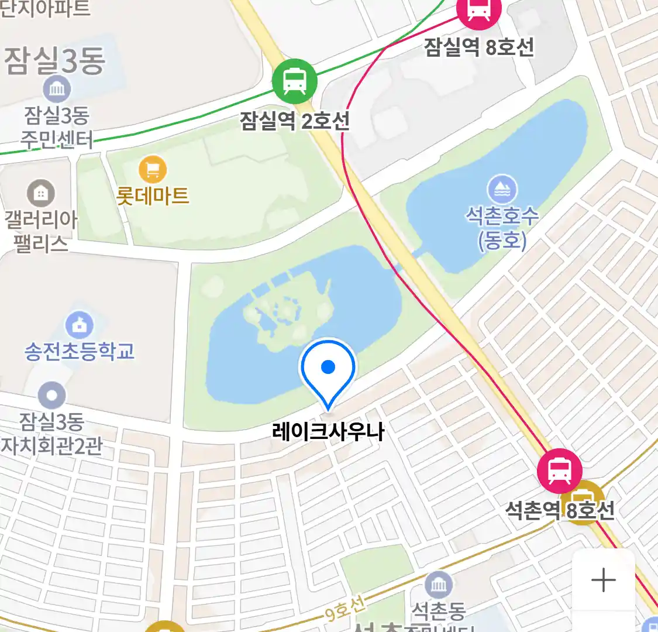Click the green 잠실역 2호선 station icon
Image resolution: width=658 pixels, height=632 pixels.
pyautogui.click(x=295, y=81)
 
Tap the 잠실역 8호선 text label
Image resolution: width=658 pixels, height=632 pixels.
pyautogui.click(x=479, y=47)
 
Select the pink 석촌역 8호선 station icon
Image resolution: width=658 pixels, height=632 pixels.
pyautogui.click(x=559, y=470)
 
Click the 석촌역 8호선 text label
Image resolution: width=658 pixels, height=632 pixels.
pyautogui.click(x=560, y=510)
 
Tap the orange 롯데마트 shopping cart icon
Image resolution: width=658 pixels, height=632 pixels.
pyautogui.click(x=153, y=170)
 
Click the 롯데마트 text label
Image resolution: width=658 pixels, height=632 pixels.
pyautogui.click(x=153, y=195)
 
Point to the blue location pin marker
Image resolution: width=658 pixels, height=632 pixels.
pyautogui.click(x=328, y=369)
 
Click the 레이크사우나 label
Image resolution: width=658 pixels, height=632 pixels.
pyautogui.click(x=328, y=432)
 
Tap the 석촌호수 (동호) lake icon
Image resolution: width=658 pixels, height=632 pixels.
pyautogui.click(x=502, y=189)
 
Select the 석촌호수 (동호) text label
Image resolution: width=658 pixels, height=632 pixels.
pyautogui.click(x=502, y=228)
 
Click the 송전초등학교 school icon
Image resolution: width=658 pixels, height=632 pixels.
pyautogui.click(x=80, y=324)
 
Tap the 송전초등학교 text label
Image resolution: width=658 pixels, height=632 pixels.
pyautogui.click(x=80, y=351)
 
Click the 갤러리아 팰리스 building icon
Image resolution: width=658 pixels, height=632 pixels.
pyautogui.click(x=40, y=193)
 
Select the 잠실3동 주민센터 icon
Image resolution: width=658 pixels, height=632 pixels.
pyautogui.click(x=57, y=90)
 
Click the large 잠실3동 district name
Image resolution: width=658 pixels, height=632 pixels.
pyautogui.click(x=55, y=61)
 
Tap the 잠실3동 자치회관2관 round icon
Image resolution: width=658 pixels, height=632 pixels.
pyautogui.click(x=51, y=396)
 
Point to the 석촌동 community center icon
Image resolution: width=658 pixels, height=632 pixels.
pyautogui.click(x=438, y=584)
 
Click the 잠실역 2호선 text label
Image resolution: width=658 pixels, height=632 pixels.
pyautogui.click(x=295, y=121)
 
